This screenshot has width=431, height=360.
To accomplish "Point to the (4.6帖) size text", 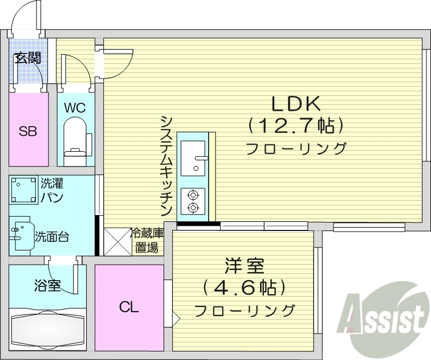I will point(244,288).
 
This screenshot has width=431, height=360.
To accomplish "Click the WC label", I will point(75,107).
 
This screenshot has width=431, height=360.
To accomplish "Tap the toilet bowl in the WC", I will point(75,137).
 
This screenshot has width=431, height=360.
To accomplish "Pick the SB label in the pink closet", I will point(29,131).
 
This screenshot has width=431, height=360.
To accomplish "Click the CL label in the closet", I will point(128,308).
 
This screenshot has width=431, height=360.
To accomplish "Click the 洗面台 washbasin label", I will point(52,236).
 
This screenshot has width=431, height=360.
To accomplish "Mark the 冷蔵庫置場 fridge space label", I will point(147,240).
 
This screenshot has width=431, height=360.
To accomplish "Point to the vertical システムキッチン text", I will point(166,165).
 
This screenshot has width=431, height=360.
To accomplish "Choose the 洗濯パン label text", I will point(51,191).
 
